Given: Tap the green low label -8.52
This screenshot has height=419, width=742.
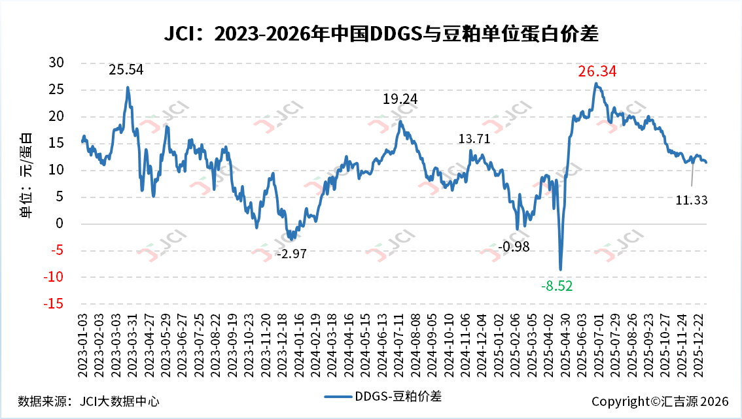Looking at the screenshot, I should click(x=557, y=286).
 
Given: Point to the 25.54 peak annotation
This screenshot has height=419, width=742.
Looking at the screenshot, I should click(x=126, y=69).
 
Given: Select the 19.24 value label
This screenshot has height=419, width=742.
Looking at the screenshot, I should click(x=400, y=99).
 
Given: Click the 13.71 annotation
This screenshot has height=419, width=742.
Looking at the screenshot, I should click(x=474, y=139).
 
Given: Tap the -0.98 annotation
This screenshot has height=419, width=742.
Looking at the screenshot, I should click(x=514, y=247).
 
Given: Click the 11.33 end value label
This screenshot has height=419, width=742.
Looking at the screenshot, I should click(x=692, y=200).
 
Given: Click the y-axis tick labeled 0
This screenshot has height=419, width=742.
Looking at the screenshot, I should click(x=60, y=224).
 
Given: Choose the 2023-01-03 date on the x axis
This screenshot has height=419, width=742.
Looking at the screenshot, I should click(x=82, y=344).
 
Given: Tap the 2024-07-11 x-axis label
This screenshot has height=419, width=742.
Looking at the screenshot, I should click(x=399, y=344).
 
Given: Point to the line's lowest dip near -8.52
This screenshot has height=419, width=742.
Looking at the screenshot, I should click(x=561, y=269).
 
